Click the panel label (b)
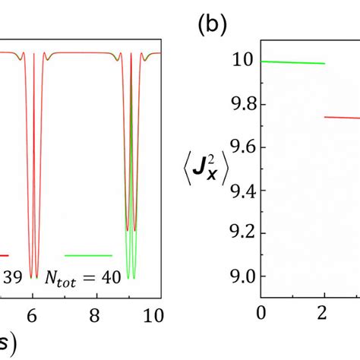click(210, 24)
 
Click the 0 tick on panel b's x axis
click(262, 311)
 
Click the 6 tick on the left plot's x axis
click(32, 311)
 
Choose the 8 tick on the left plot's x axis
click(94, 311)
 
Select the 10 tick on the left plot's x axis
click(153, 311)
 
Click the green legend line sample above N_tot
click(88, 255)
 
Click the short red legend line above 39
click(5, 255)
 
